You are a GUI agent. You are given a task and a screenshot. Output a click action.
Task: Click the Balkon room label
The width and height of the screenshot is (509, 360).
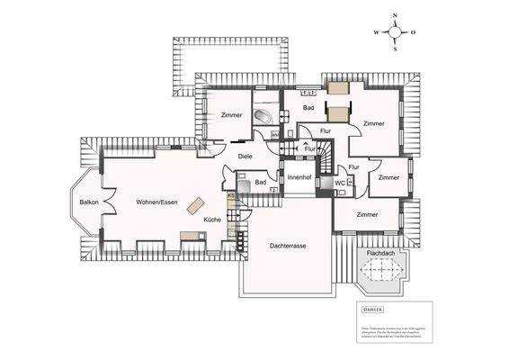pos(89,202)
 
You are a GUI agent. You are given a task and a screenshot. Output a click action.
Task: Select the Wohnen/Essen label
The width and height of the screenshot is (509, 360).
pos(155,202)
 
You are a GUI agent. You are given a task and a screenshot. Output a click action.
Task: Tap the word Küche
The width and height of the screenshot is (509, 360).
pos(211,220)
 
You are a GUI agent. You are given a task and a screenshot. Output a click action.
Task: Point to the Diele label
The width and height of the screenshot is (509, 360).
pos(245,157)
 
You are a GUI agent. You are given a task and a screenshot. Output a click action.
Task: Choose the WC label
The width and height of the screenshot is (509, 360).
pos(339,184)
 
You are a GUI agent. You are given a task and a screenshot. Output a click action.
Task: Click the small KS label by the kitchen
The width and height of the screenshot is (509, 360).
pos(231,196)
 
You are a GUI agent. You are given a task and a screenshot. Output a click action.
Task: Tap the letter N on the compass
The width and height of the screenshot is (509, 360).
pos(395,16)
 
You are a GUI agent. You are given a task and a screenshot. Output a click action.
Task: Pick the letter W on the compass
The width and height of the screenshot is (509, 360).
pos(377,31)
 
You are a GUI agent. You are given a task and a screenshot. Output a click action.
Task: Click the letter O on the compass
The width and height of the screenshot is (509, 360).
pos(413,31)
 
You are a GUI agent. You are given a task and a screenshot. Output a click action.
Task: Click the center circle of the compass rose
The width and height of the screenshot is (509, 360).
pos(395,31)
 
